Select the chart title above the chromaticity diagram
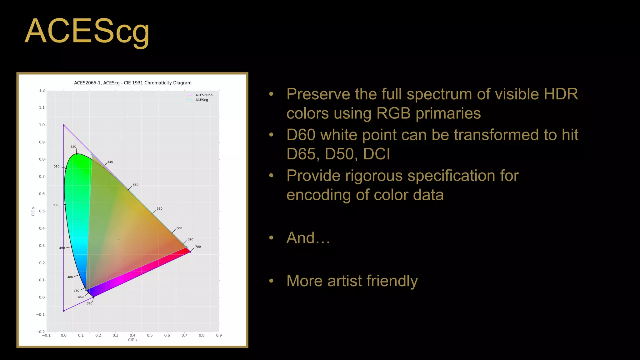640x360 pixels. (132, 83)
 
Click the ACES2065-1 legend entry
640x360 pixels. (205, 95)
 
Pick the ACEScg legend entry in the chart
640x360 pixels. (202, 100)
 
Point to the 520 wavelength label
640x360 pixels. (73, 147)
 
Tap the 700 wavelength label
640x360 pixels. (198, 247)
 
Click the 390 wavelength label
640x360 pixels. (89, 303)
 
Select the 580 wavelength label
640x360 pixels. (159, 208)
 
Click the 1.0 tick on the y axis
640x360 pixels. (42, 125)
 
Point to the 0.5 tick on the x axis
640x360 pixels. (150, 335)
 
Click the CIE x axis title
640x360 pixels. (132, 340)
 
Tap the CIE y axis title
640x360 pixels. (33, 211)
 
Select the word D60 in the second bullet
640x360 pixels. (301, 135)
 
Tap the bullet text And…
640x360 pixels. (308, 237)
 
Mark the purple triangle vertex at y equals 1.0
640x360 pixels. (64, 125)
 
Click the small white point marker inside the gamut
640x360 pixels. (119, 239)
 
